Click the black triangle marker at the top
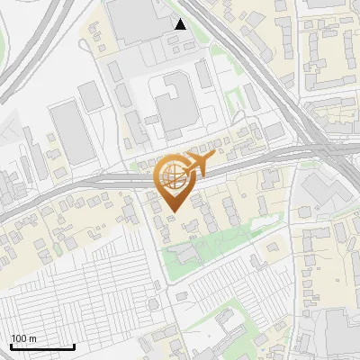click(181, 24)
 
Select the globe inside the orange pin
click(170, 175)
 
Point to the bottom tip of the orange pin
click(171, 211)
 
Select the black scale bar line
click(41, 346)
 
